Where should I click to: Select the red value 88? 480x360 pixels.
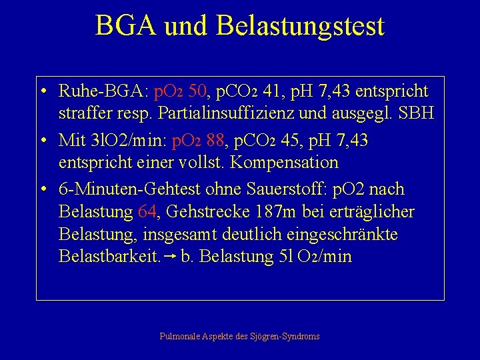(217, 141)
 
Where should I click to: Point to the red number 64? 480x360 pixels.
(147, 212)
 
